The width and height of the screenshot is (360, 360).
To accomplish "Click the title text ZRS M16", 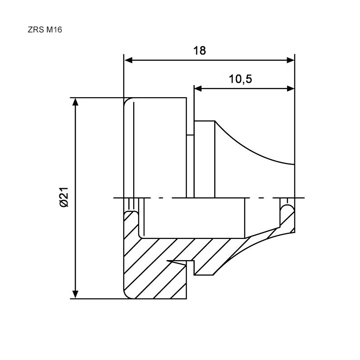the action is coord(45,30).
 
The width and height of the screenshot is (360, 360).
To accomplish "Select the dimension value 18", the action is coord(199,51).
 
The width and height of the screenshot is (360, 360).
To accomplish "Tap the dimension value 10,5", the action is coord(240,79).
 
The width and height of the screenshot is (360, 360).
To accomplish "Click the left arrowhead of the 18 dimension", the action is coord(128,60).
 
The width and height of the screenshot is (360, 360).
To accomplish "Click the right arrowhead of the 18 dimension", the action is coord(290,60).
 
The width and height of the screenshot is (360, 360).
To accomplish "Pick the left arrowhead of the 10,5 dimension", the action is coord(198,89).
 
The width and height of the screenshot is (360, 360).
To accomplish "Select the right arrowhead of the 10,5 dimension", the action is coord(290,89).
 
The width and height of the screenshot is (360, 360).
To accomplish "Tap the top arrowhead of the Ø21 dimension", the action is coord(75,102).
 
